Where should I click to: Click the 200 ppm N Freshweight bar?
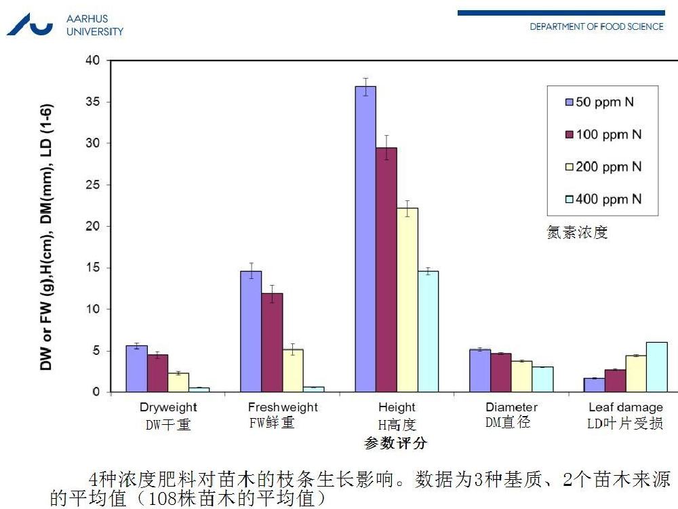point(292,371)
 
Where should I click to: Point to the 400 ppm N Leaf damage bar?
point(656,366)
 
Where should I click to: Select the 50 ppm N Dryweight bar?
point(136,369)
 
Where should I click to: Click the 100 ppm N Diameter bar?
point(501,373)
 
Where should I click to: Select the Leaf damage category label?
point(625,407)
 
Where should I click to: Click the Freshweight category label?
point(283,407)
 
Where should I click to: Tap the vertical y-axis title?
point(47,237)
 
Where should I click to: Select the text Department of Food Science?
point(597,26)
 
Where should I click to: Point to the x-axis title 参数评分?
point(396,443)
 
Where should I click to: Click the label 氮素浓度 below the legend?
point(577,233)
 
